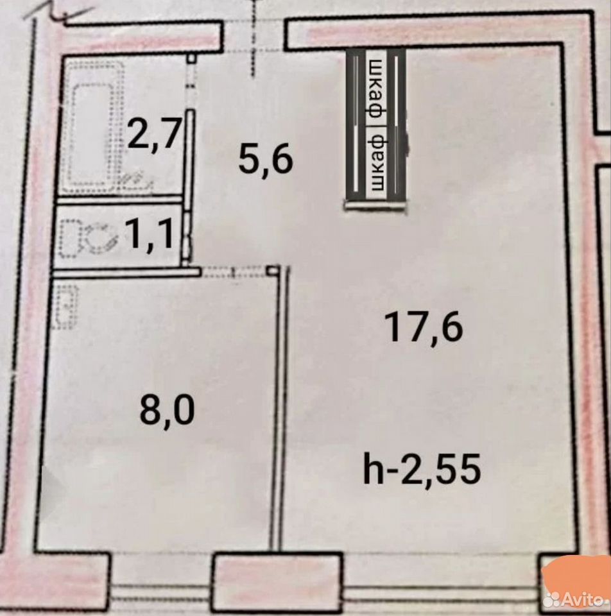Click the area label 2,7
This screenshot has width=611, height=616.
[155, 133]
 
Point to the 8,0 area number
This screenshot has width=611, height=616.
[167, 411]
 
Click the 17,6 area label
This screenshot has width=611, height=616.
[424, 327]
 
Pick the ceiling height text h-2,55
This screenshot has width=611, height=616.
[422, 469]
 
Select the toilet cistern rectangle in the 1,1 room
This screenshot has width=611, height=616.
[69, 239]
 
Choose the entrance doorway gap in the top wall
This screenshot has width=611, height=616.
[254, 36]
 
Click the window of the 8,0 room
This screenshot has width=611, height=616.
[161, 592]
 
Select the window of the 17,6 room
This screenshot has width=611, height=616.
[440, 592]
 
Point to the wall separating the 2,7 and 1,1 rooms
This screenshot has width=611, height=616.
[120, 199]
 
